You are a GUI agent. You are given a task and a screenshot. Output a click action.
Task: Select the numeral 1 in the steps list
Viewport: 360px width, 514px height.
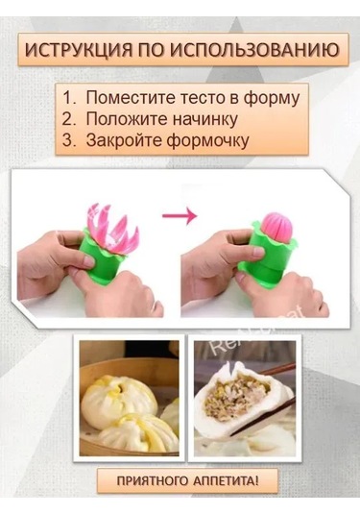coord(68,98)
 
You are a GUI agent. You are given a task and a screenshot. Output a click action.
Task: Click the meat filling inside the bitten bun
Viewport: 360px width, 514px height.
coord(244,397)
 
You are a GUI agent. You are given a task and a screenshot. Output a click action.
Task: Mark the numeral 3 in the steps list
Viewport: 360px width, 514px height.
coord(68,140)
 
